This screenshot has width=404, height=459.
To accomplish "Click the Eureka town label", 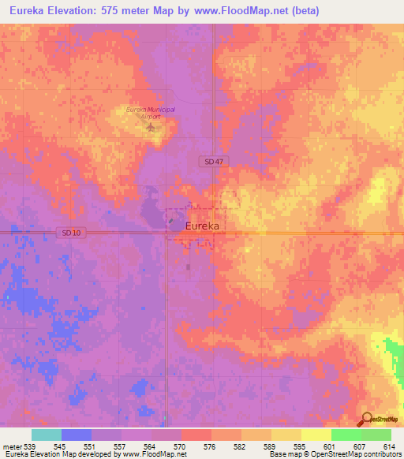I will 201,226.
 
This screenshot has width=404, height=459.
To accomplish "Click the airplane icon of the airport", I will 151,126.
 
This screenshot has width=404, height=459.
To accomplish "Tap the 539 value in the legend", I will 29,446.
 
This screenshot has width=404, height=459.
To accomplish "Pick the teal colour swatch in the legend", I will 47,435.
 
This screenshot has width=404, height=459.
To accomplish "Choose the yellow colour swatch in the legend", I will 316,435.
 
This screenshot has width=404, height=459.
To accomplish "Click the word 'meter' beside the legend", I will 11,446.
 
